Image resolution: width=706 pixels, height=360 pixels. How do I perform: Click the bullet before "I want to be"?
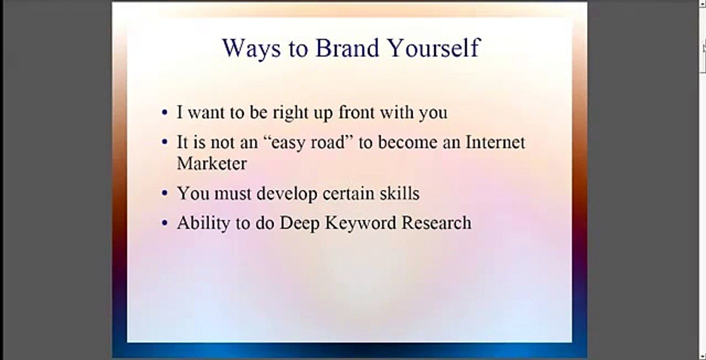coord(165,112)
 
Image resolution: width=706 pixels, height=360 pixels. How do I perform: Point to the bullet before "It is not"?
coord(165,142)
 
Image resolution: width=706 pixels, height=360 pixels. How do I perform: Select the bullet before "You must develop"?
coord(165,193)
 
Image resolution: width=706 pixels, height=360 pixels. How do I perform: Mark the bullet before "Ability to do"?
coord(165,223)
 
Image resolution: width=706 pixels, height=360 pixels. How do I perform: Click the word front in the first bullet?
coord(356,112)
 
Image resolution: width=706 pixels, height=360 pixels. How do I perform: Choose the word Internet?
coord(495,142)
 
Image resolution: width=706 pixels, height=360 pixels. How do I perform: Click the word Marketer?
coord(212,163)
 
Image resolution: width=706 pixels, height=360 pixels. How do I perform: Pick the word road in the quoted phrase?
coord(324,142)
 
